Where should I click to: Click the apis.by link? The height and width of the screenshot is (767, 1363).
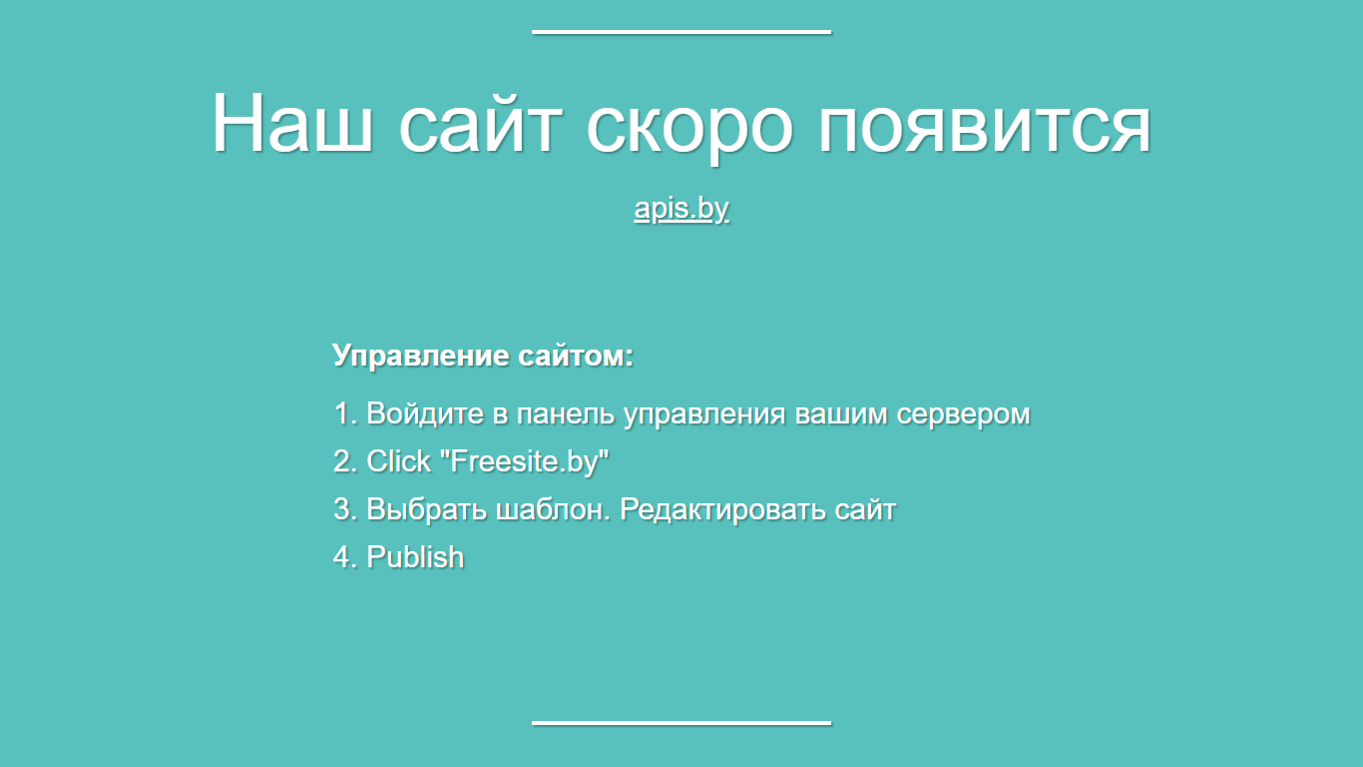point(681,209)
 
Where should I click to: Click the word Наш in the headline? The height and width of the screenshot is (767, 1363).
point(292,123)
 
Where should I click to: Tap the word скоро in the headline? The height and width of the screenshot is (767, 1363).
point(690,129)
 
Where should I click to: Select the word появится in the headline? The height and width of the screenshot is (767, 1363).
point(985,129)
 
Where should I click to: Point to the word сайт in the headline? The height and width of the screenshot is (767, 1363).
point(480,123)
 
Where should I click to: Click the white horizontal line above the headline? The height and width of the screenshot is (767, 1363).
point(681,32)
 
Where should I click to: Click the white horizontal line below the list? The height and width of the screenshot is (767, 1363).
point(681,723)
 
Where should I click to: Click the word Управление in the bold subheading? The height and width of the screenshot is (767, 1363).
point(420,356)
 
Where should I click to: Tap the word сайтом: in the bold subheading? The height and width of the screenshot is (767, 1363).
point(576,356)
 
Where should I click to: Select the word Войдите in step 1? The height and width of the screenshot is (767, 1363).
point(425,413)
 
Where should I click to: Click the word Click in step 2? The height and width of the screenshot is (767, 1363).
point(398,461)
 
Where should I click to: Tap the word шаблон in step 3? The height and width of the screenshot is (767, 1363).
point(553,509)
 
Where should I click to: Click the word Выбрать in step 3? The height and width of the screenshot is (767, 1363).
point(426,510)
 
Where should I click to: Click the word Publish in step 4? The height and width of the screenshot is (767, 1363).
point(415,557)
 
